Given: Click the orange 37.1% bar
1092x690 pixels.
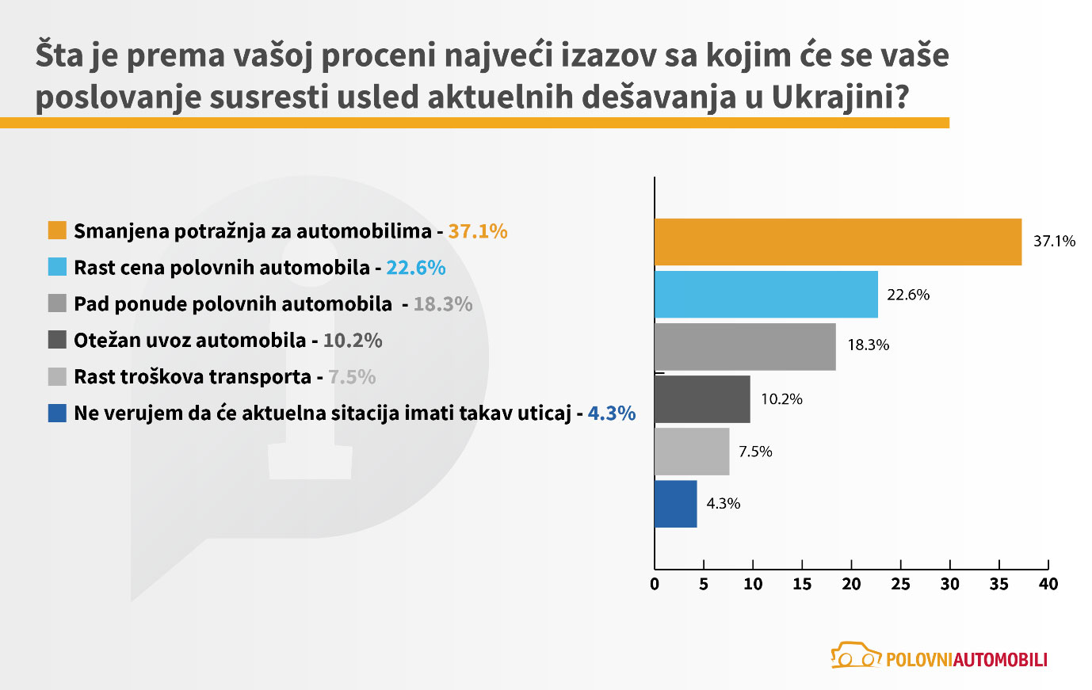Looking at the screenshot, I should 838,242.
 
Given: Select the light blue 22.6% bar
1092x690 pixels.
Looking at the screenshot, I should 766,294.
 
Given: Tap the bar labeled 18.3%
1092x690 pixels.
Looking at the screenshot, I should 745,346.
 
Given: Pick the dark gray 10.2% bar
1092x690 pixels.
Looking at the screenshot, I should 702,399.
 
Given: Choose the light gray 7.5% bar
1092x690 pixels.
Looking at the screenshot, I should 692,452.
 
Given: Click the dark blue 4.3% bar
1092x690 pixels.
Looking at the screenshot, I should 675,504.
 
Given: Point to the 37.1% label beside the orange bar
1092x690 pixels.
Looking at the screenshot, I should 1054,241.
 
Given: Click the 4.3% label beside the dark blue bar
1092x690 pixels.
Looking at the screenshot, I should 723,504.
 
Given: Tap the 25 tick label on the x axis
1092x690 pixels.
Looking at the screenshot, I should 900,585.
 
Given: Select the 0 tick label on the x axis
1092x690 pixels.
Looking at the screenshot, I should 655,585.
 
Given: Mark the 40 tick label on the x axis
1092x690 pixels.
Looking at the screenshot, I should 1048,585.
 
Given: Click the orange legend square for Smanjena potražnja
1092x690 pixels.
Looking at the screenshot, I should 57,231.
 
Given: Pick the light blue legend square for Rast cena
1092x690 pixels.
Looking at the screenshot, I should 57,267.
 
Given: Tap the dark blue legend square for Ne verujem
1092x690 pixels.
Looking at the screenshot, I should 57,413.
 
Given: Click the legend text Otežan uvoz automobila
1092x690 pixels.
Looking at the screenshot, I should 189,341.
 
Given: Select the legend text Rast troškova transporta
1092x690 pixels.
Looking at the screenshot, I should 192,377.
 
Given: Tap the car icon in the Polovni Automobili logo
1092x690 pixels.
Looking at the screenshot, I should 856,656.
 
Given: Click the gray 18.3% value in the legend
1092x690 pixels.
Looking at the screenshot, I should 442,304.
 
